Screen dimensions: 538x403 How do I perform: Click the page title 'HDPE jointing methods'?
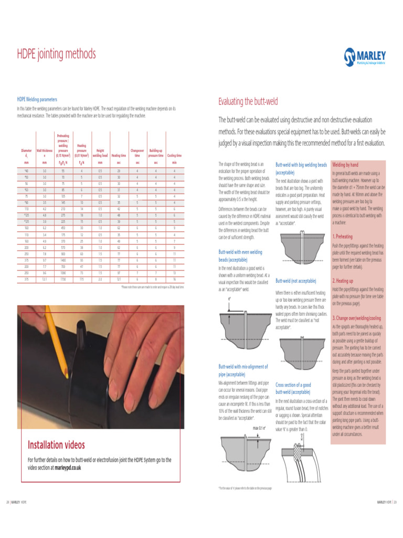click(x=57, y=54)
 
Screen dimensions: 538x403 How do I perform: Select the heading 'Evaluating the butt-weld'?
click(x=248, y=101)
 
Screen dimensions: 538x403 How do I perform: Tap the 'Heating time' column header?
click(x=119, y=156)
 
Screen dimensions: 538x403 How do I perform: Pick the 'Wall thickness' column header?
click(x=45, y=153)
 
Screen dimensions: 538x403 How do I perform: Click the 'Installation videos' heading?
click(x=56, y=445)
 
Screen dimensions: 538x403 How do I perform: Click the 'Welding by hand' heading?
click(x=345, y=164)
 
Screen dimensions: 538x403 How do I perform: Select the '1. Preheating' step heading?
click(x=343, y=237)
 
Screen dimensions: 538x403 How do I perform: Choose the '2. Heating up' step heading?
click(x=343, y=281)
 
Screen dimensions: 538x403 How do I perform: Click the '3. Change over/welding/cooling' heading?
click(x=357, y=318)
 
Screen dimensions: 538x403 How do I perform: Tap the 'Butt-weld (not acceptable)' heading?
click(x=296, y=281)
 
